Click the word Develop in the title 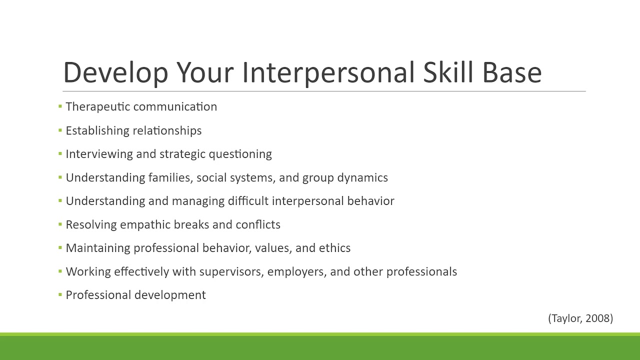[115, 73]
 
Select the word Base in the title [512, 73]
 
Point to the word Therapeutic [98, 107]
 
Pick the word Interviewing [99, 154]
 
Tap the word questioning [240, 154]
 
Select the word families [170, 178]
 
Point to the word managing [198, 201]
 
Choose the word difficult [248, 201]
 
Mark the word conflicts [257, 225]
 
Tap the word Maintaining [98, 248]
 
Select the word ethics [334, 248]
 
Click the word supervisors [231, 272]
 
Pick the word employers [297, 272]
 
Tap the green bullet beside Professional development [60, 295]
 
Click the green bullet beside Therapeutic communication [60, 106]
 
